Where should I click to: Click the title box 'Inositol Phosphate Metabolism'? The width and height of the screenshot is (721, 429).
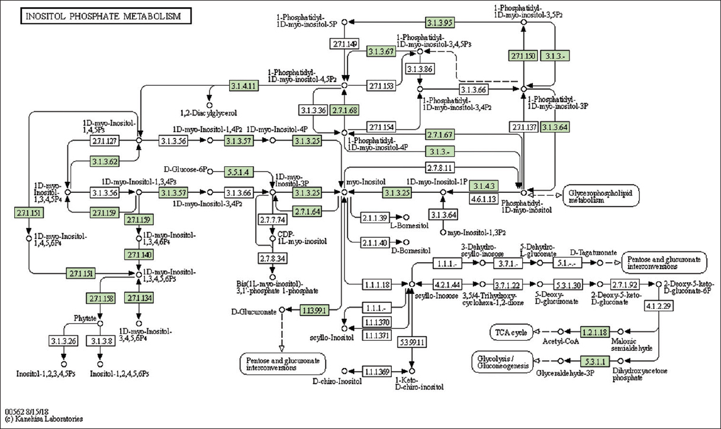pyautogui.click(x=107, y=16)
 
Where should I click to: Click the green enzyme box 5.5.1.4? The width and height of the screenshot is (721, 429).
pyautogui.click(x=238, y=172)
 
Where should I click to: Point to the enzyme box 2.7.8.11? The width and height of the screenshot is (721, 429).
pyautogui.click(x=441, y=168)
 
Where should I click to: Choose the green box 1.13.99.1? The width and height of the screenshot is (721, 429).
pyautogui.click(x=315, y=309)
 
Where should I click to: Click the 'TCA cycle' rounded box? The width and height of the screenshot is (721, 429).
pyautogui.click(x=511, y=332)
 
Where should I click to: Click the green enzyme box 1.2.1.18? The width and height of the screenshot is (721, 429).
pyautogui.click(x=595, y=332)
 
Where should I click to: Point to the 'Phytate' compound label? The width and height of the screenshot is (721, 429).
pyautogui.click(x=85, y=318)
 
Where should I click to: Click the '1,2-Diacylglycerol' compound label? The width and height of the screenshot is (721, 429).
pyautogui.click(x=208, y=112)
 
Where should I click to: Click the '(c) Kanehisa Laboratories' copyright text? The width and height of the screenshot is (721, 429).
pyautogui.click(x=44, y=420)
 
